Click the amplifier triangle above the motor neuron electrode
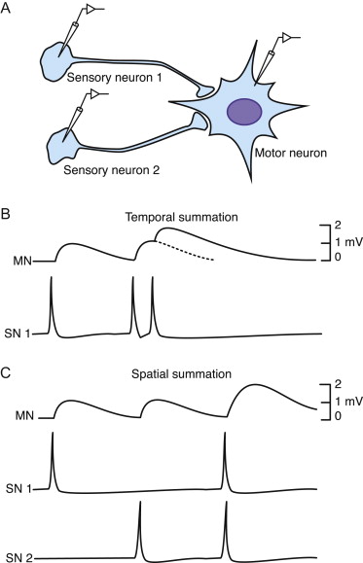[x=290, y=37]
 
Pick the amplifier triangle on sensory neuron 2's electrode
[x=97, y=94]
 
